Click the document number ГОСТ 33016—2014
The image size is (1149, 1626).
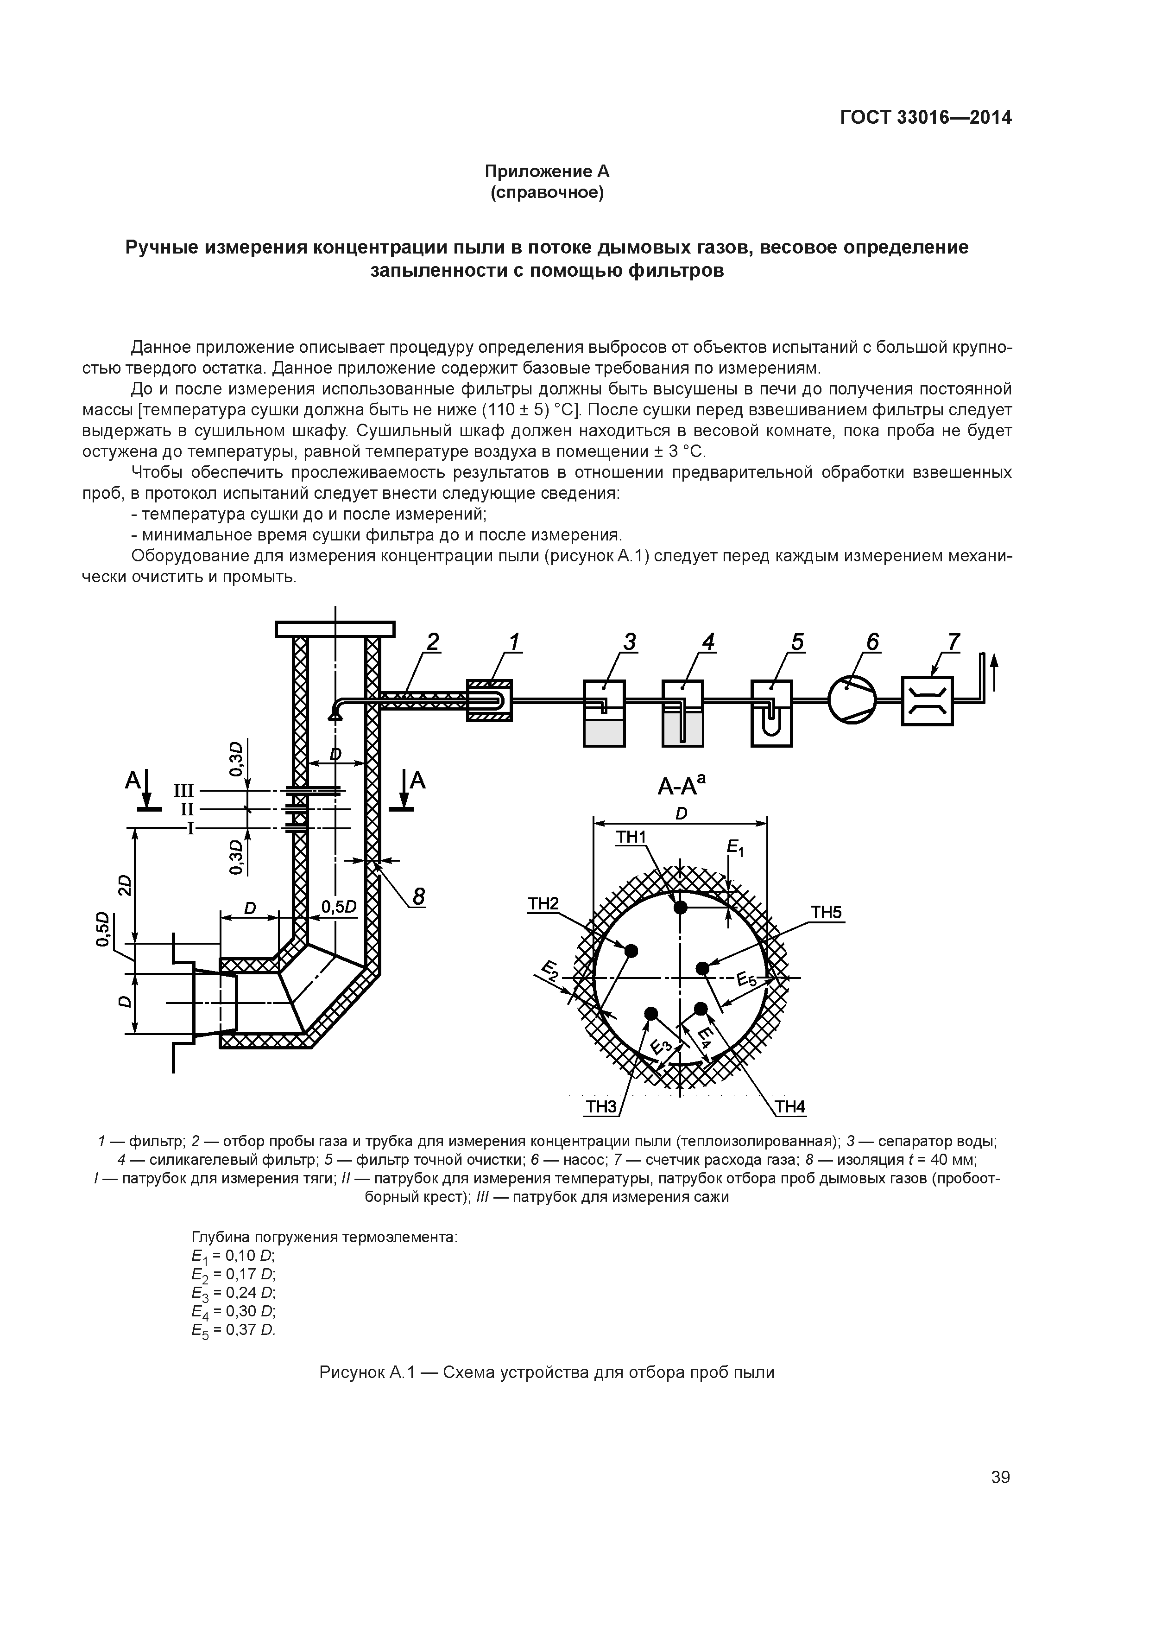925,118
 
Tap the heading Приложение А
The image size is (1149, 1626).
547,171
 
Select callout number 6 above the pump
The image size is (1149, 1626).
872,642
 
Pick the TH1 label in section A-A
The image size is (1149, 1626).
631,838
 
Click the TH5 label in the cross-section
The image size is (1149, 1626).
826,913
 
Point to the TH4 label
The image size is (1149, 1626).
790,1107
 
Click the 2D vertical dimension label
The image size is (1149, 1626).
125,885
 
